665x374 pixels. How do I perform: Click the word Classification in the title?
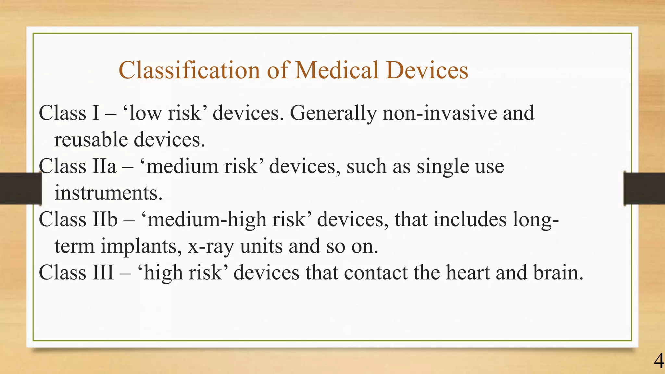point(189,70)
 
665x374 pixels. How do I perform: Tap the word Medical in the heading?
point(336,70)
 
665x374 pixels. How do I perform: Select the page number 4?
point(659,361)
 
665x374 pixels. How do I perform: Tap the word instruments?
point(108,193)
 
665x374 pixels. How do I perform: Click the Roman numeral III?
point(103,272)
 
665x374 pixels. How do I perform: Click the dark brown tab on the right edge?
point(644,189)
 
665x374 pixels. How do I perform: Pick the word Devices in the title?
point(427,70)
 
